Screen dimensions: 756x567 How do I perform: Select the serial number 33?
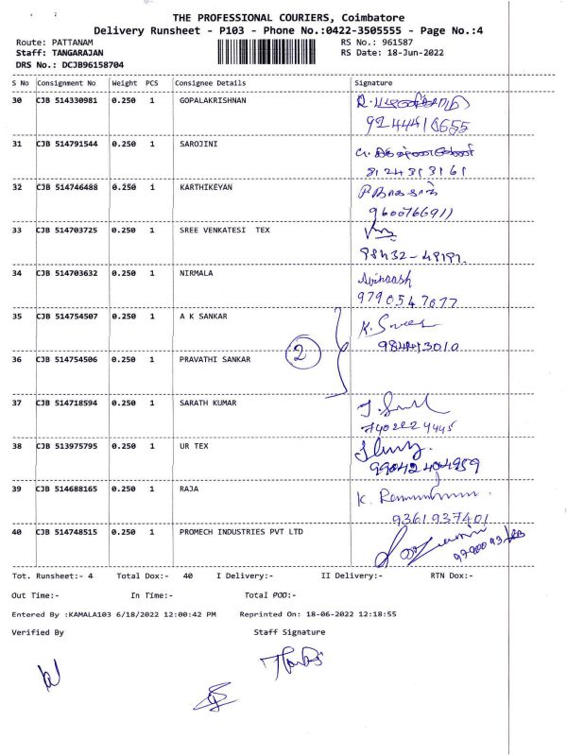point(16,230)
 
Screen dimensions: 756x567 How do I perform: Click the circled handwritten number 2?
point(299,357)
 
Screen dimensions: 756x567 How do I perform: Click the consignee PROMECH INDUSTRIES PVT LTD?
point(242,532)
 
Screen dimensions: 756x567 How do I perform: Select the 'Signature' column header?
point(372,83)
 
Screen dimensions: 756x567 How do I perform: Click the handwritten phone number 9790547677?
point(407,301)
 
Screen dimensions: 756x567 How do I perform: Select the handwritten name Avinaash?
point(381,280)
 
